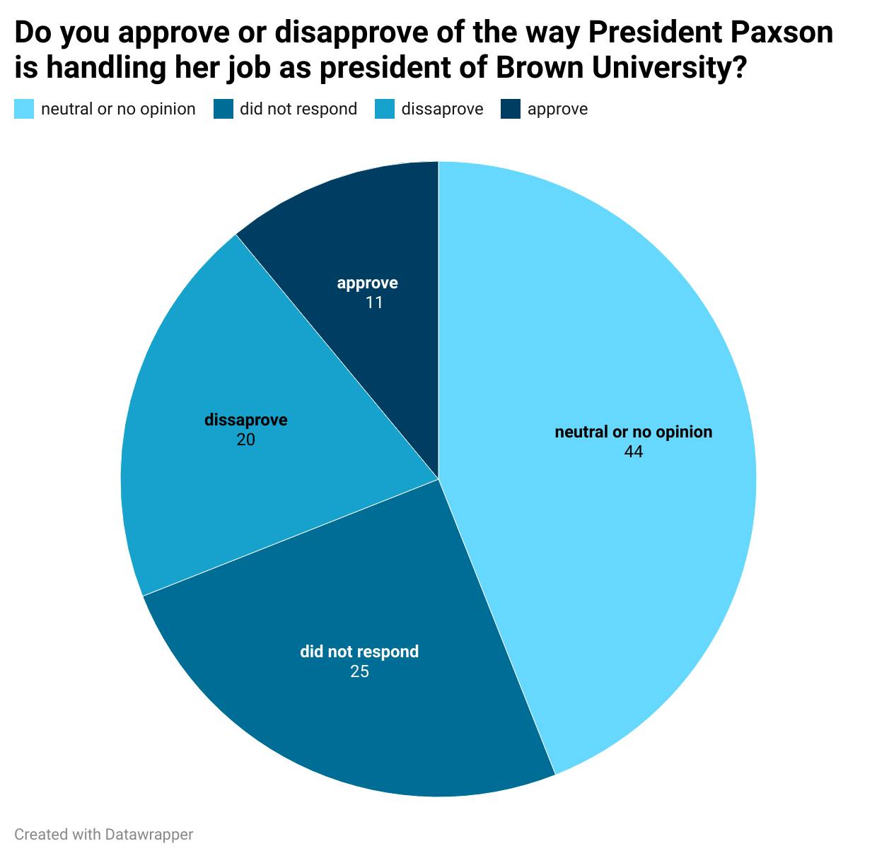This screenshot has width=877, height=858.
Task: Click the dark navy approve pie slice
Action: click(368, 233)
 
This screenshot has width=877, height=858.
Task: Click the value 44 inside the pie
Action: click(633, 452)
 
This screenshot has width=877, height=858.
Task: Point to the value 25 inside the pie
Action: click(359, 671)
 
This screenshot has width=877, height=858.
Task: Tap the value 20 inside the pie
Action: click(245, 440)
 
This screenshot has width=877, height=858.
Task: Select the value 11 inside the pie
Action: click(374, 302)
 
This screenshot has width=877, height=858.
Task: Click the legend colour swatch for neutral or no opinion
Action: click(24, 110)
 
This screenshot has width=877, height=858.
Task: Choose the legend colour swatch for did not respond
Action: click(223, 110)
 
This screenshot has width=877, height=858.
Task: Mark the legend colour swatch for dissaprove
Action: click(385, 110)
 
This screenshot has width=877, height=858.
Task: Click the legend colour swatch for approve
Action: click(511, 110)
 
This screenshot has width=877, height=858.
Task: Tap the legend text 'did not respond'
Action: click(298, 110)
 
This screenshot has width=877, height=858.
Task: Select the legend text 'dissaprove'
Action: click(442, 110)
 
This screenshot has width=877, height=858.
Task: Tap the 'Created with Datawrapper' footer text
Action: click(103, 835)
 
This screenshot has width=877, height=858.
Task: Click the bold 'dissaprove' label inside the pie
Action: click(245, 421)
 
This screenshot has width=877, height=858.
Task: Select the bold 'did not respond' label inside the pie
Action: click(359, 652)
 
